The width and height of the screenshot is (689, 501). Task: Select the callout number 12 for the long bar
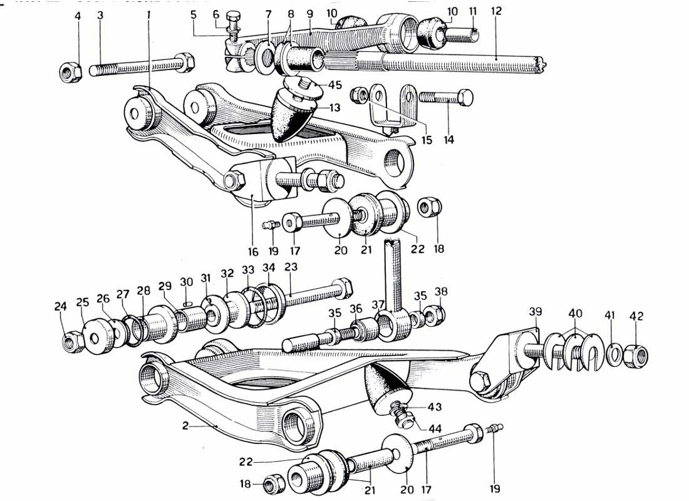pos(496,11)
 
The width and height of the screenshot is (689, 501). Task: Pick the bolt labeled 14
pos(446,98)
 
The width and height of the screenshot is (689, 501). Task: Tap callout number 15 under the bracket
pos(426,140)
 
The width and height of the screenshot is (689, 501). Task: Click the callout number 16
pos(252,252)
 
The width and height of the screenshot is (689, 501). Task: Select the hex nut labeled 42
pos(637,355)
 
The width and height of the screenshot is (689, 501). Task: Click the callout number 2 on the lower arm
pos(185,426)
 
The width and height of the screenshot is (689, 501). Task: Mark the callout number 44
pos(434,428)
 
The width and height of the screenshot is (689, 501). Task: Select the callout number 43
pos(434,407)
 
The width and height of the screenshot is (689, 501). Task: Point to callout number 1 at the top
pos(149,13)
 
